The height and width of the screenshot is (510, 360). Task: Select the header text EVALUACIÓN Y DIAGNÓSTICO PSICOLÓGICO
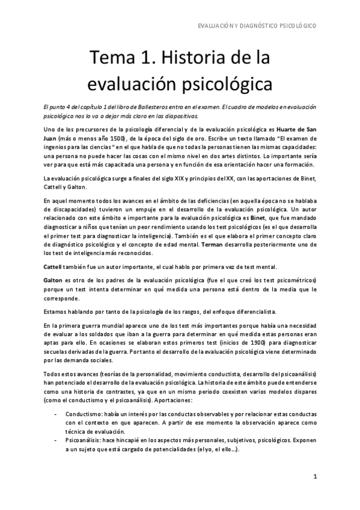(258, 26)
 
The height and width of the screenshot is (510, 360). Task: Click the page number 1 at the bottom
(314, 476)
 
